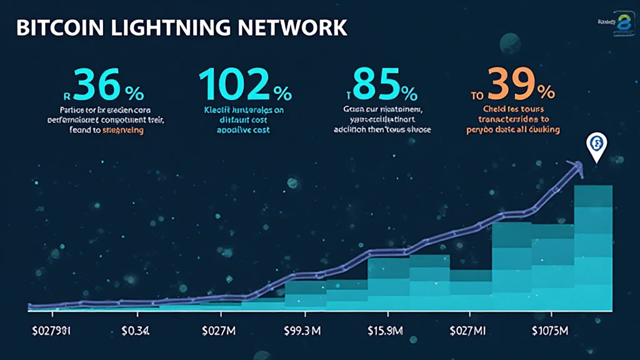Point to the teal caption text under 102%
tap(244, 119)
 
